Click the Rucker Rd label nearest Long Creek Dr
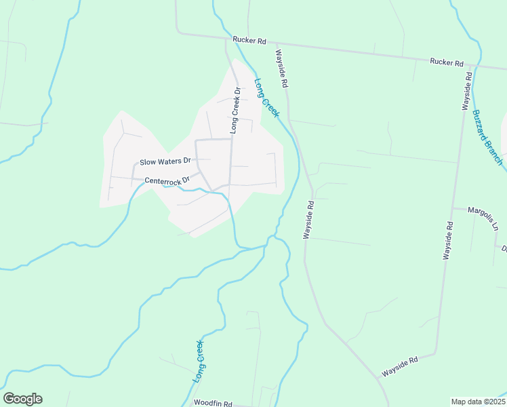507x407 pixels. (249, 41)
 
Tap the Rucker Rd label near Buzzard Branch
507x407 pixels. (446, 62)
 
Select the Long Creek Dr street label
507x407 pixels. (235, 109)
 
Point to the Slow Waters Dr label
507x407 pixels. (166, 162)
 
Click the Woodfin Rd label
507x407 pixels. (213, 402)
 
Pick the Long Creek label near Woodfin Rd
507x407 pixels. (198, 362)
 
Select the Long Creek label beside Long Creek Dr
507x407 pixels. (266, 98)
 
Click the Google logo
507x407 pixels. (22, 399)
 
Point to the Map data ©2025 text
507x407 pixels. (478, 402)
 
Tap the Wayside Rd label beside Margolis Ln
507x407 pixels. (448, 240)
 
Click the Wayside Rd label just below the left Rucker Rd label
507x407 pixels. (282, 68)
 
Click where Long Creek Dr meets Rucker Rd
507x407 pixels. (226, 38)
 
